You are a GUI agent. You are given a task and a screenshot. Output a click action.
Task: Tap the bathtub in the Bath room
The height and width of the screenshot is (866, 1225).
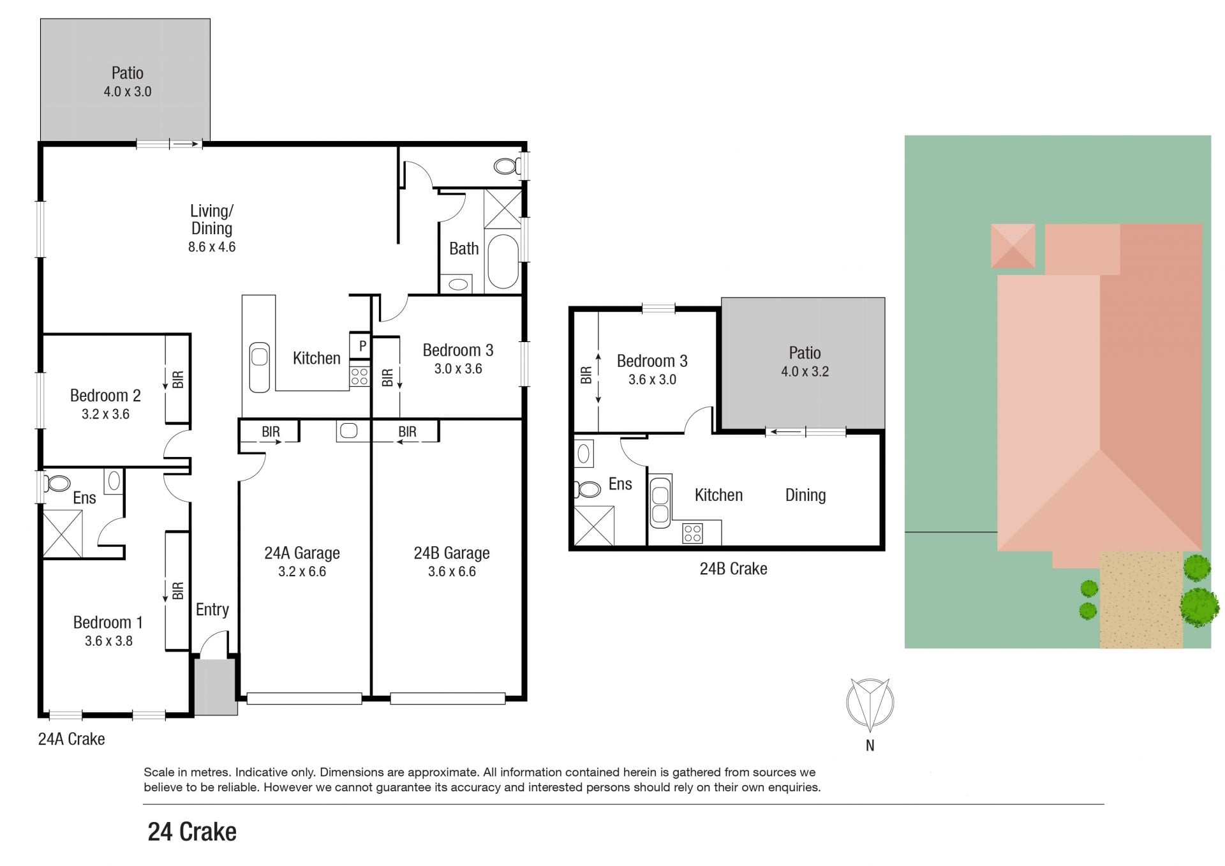503,262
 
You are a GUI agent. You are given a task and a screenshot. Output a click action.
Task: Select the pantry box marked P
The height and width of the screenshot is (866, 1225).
360,346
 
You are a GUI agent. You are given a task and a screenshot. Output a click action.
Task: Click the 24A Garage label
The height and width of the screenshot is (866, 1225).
302,553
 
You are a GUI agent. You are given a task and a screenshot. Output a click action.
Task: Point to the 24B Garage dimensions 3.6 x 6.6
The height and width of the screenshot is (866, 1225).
452,572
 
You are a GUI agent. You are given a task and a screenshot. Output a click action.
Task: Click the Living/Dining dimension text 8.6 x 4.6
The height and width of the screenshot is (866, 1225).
212,247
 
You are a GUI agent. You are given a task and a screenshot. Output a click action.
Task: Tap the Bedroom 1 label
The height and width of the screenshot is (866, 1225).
108,622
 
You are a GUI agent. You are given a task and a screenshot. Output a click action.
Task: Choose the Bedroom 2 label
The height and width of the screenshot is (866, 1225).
105,396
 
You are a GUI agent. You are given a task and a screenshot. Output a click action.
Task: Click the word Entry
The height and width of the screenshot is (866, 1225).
212,609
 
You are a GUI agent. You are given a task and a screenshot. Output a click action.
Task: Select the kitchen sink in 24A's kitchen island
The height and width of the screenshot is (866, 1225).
260,367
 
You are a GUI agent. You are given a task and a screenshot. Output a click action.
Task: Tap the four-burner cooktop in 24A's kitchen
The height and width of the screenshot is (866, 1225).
360,377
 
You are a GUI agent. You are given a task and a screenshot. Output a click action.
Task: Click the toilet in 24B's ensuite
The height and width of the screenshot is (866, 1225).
587,489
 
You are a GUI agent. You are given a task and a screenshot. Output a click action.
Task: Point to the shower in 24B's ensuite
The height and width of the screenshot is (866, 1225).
594,526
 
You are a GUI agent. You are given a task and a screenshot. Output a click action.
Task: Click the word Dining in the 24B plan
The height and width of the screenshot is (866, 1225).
805,495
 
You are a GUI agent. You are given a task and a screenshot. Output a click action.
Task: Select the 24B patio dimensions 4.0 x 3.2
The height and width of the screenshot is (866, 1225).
805,371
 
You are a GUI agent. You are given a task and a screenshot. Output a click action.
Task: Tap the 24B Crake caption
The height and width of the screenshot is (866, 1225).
733,569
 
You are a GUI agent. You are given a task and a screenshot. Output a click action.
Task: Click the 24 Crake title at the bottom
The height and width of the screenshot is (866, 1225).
192,832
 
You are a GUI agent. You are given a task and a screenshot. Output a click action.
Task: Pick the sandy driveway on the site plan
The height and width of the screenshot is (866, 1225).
1141,600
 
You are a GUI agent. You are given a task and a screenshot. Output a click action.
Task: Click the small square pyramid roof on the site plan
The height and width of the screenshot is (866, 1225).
1013,246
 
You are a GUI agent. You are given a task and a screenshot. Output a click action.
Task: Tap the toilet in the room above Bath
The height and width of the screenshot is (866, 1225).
507,167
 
